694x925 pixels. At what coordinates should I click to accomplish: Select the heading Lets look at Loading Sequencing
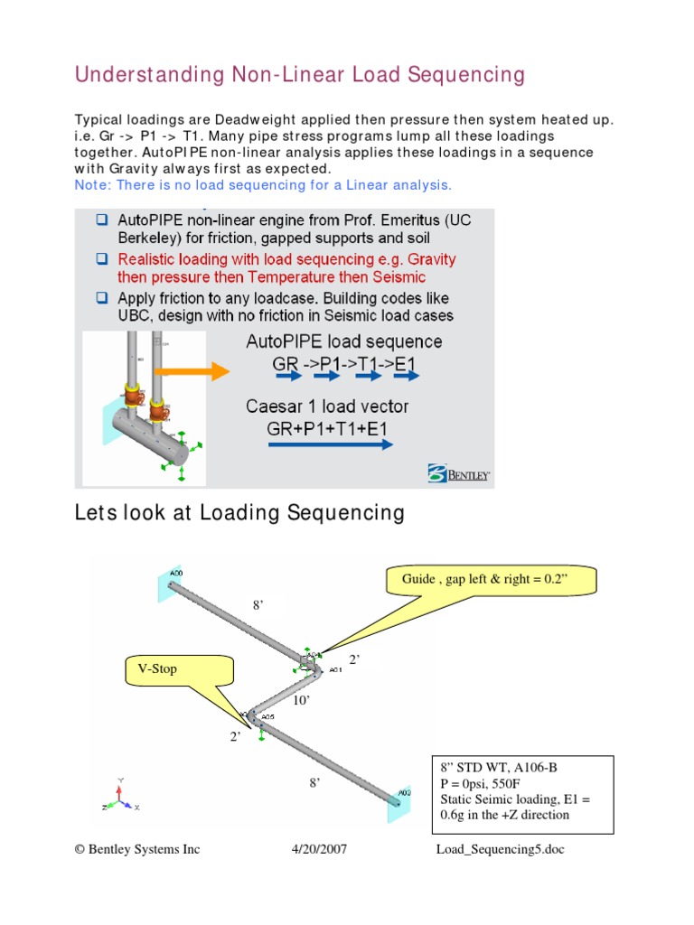tap(239, 513)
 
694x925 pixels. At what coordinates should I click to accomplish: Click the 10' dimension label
tap(302, 700)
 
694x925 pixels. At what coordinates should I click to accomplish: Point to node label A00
tap(175, 572)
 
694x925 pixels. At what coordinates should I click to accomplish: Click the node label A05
tap(267, 719)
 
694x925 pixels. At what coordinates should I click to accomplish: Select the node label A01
tap(335, 670)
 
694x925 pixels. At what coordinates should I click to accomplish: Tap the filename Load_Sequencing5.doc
tap(499, 849)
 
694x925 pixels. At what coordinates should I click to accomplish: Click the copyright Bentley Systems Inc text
tap(136, 849)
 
